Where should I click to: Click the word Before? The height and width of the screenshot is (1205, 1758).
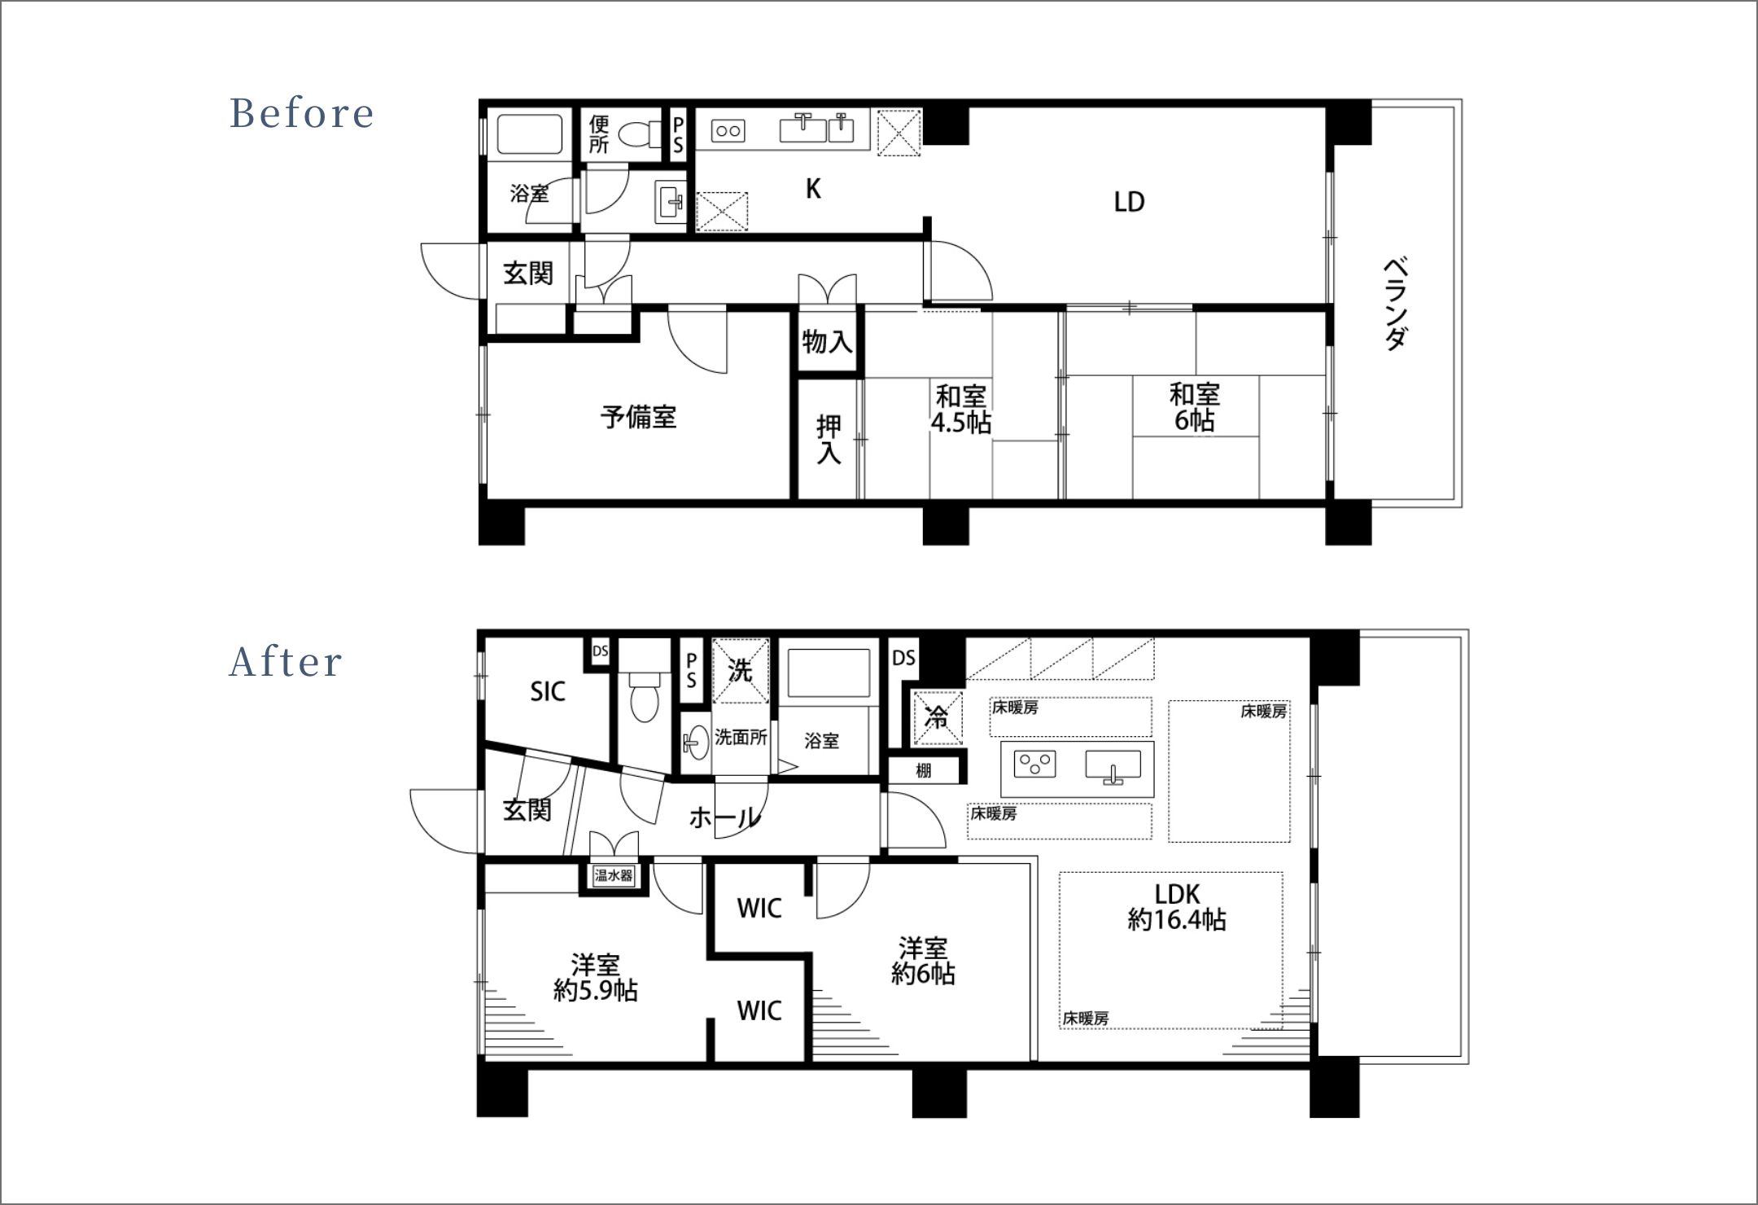coord(301,113)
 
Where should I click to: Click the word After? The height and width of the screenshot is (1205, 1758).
coord(286,662)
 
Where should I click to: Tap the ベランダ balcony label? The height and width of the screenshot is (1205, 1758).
coord(1396,304)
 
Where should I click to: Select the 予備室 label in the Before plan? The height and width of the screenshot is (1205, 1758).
coord(639,417)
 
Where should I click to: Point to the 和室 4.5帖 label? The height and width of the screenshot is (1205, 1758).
coord(961,410)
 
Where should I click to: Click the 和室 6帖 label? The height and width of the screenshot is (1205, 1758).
coord(1195,407)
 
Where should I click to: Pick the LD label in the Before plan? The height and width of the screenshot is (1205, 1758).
coord(1130,202)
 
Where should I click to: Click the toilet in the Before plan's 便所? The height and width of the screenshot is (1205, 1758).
coord(641,135)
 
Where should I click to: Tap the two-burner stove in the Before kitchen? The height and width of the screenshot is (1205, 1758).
coord(728,130)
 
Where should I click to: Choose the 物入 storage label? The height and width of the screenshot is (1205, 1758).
coord(827,341)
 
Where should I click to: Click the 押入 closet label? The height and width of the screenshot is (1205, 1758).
coord(829,440)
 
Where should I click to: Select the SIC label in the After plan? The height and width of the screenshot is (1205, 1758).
coord(548,692)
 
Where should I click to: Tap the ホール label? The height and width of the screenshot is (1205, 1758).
coord(725,817)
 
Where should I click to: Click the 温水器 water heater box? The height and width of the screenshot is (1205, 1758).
coord(614,875)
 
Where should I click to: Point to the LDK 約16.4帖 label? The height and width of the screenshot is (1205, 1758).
coord(1177,907)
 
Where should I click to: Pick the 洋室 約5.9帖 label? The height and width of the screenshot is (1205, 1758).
coord(596,978)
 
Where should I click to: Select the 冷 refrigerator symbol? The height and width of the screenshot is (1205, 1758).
coord(938,718)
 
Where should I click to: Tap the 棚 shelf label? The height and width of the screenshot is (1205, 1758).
coord(923,770)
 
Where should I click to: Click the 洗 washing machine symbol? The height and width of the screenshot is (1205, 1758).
coord(741,670)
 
